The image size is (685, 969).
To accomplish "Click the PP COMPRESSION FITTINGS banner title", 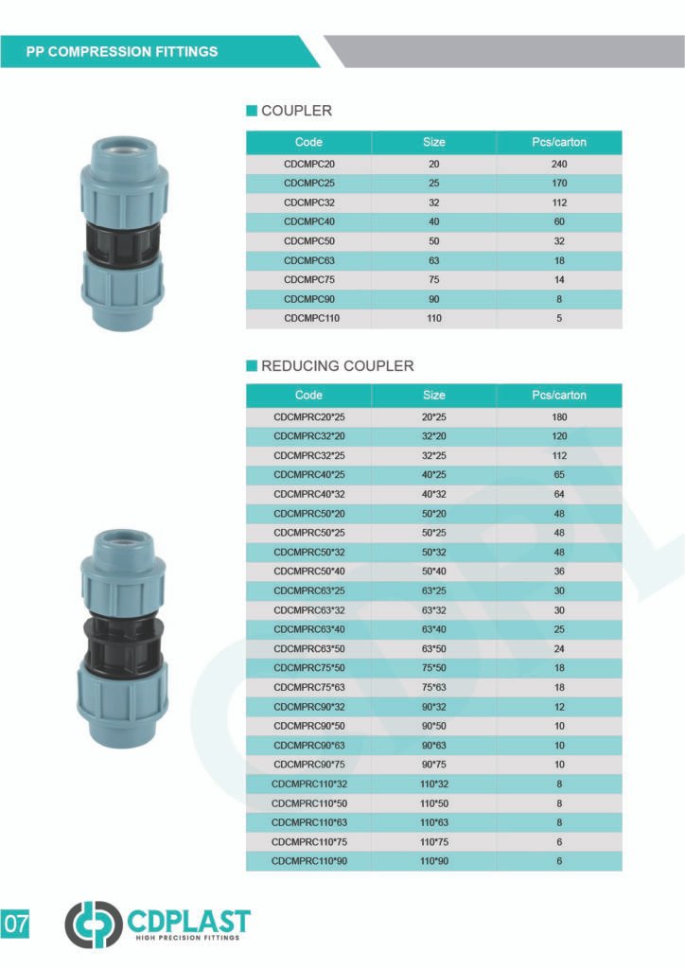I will click(x=122, y=51).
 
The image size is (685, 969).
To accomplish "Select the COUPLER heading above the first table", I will click(x=296, y=111).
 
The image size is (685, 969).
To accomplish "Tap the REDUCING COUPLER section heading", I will click(x=337, y=365).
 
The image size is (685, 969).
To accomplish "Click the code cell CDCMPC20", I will click(x=309, y=164).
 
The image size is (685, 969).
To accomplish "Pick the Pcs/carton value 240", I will click(x=559, y=164).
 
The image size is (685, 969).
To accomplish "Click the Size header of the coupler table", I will click(x=433, y=142).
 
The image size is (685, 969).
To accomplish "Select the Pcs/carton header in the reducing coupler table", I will click(x=559, y=395).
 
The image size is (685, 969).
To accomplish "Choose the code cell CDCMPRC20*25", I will click(x=309, y=416).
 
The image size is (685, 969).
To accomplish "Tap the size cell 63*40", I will click(x=433, y=629).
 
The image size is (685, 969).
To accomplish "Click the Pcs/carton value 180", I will click(x=559, y=416).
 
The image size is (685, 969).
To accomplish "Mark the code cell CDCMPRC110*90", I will click(x=309, y=861).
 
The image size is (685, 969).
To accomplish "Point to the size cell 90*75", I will click(x=433, y=765).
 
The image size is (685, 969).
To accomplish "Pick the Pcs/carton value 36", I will click(x=559, y=572).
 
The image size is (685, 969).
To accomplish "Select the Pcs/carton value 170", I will click(x=559, y=183).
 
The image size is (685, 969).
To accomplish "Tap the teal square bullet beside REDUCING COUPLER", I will click(x=252, y=365).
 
